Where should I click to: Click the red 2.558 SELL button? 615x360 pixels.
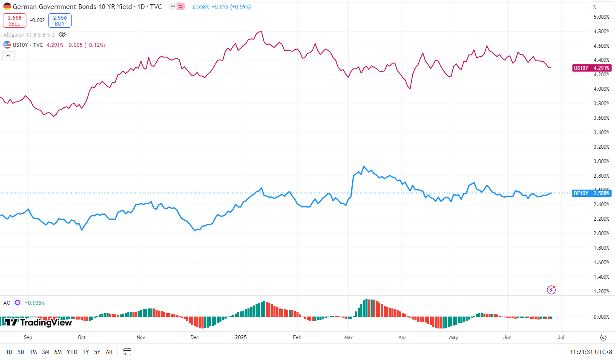point(14,20)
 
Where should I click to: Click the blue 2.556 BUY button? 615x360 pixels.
point(60,20)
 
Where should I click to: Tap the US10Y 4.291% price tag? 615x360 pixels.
point(592,68)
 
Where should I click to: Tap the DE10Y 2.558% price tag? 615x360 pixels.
point(592,193)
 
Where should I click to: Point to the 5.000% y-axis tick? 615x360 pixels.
point(601,17)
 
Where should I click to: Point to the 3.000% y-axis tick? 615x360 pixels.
point(601,161)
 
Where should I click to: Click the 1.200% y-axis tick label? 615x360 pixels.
point(601,291)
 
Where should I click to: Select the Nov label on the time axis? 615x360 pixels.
point(141,337)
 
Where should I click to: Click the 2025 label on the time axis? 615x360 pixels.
point(241,337)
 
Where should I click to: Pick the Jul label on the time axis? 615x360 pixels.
point(561,337)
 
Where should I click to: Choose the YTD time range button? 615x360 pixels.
point(72,352)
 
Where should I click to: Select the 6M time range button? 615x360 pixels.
point(58,352)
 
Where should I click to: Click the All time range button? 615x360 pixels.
point(109,352)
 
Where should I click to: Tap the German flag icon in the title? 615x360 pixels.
point(7,7)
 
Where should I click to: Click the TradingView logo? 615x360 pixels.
point(38,323)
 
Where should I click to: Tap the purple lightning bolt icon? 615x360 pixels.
point(551,290)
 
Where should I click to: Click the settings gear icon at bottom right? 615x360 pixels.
point(603,337)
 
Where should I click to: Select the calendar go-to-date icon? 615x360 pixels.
point(127,352)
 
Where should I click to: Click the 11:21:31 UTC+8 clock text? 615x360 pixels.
point(591,352)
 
